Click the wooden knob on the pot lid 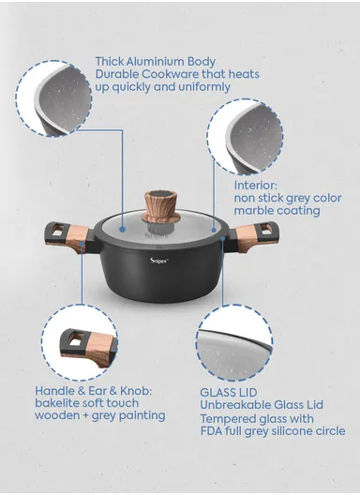pos(161,207)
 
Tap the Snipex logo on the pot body pos(159,261)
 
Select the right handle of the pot pos(254,237)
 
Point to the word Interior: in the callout pos(255,186)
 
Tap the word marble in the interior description pos(254,211)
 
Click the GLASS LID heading pos(229,393)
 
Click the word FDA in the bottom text pos(211,431)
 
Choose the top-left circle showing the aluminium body pos(53,98)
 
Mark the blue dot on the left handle pos(82,244)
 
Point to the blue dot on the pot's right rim pos(223,238)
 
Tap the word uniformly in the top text pos(204,87)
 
